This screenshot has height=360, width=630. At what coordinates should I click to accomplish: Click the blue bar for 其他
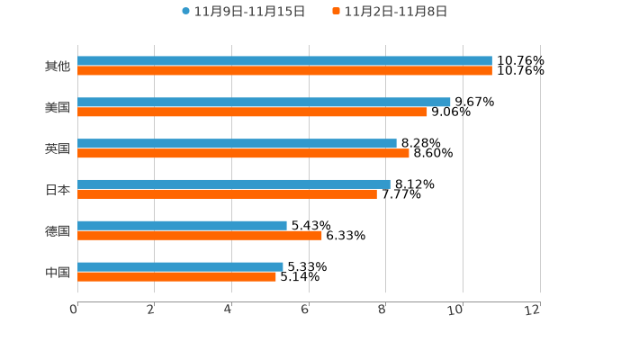pos(284,61)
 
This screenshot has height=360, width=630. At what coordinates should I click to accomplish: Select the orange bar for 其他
pos(284,71)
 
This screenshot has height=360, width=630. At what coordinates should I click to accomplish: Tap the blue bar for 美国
pos(264,103)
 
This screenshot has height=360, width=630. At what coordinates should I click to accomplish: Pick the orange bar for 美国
pos(252,112)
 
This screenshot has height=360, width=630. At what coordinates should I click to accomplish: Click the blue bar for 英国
pos(237,143)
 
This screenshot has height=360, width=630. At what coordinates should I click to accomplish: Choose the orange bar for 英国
pos(243,154)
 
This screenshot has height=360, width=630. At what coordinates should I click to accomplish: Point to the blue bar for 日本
pos(234,184)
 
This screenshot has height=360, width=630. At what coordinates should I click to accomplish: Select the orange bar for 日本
pos(227,194)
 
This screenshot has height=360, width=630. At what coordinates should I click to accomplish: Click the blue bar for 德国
pos(182,225)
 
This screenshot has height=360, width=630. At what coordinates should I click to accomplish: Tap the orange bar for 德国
pos(200,236)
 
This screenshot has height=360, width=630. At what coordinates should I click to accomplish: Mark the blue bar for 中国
pos(180,266)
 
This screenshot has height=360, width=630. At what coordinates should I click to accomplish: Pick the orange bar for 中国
pos(176,276)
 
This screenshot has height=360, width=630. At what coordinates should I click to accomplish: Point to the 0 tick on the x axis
pos(74,310)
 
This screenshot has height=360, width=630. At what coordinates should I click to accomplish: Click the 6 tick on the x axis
pos(305,310)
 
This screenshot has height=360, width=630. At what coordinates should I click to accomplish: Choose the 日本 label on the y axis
pos(58,190)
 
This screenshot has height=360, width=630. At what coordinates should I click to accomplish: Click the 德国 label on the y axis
pos(58,231)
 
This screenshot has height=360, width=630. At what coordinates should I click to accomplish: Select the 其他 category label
pos(58,67)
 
